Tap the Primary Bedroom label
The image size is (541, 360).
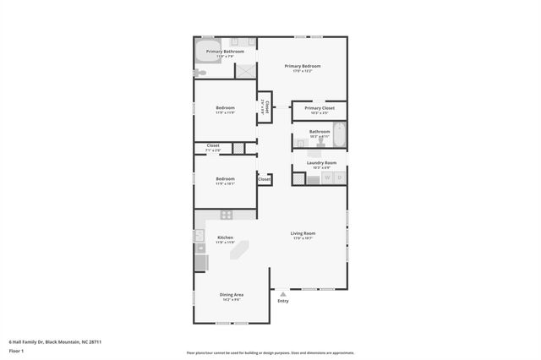pos(303,67)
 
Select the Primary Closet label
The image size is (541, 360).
pos(320,109)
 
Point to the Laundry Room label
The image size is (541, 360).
pos(321,163)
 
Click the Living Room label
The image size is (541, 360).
pos(303,234)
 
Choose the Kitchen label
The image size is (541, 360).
pos(225,238)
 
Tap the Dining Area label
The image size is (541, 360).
pos(232,295)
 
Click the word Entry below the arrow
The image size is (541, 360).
pos(282,301)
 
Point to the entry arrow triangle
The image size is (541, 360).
pos(282,294)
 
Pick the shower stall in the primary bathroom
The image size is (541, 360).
pos(245,71)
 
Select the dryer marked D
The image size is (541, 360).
pos(340,177)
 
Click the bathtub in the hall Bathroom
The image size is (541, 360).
pos(339,135)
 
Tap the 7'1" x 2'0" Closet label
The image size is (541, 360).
pos(212,147)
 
